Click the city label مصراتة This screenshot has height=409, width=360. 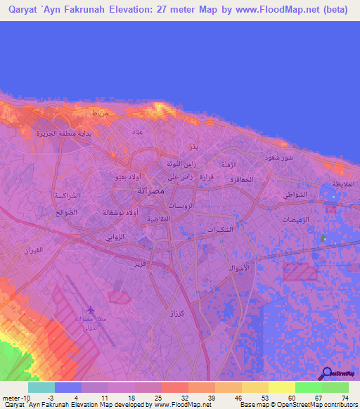(x=150, y=190)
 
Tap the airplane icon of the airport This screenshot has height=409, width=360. (x=90, y=310)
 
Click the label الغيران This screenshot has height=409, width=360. (x=33, y=251)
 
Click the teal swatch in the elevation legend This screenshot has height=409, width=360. (x=41, y=387)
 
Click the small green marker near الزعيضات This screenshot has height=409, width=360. (x=323, y=239)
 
